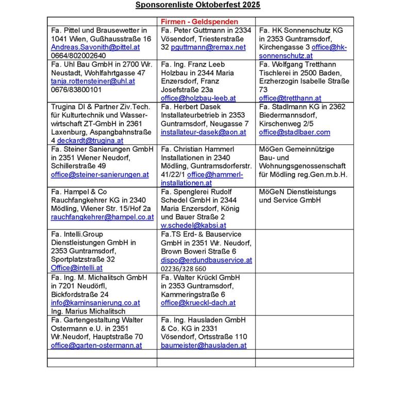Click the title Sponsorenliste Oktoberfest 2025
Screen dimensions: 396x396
coord(197,5)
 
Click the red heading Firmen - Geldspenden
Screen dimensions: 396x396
coord(199,22)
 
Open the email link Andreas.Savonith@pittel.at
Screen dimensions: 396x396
coord(95,47)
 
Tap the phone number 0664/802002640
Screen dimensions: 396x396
coord(78,56)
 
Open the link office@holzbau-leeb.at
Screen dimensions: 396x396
coord(198,98)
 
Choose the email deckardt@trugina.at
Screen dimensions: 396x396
coord(90,140)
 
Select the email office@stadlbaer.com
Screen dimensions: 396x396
coord(294,132)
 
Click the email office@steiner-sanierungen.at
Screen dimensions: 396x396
coord(100,174)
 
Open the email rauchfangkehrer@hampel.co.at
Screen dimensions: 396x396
coord(102,217)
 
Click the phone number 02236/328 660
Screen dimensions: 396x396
coord(183,269)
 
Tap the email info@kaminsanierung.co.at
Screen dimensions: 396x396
coord(95,303)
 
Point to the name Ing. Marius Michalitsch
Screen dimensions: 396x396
coord(89,311)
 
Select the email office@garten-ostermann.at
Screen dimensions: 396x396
coord(96,345)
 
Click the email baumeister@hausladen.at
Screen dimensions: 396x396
coord(204,345)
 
